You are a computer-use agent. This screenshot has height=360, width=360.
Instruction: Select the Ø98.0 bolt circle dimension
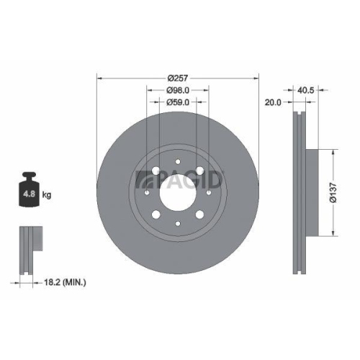click(178, 91)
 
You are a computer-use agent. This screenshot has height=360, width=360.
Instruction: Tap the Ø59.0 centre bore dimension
click(178, 103)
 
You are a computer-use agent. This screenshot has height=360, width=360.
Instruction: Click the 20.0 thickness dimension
click(274, 102)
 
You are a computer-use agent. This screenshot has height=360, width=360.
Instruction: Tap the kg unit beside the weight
click(47, 194)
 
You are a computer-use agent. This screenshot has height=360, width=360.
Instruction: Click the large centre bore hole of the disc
click(177, 192)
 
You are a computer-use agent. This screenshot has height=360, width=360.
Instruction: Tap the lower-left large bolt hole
click(158, 212)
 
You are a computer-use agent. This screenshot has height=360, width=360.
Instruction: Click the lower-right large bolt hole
click(197, 212)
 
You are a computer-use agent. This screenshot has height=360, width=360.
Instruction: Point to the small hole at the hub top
click(177, 165)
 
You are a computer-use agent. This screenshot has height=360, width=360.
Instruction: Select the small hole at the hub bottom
click(177, 220)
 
